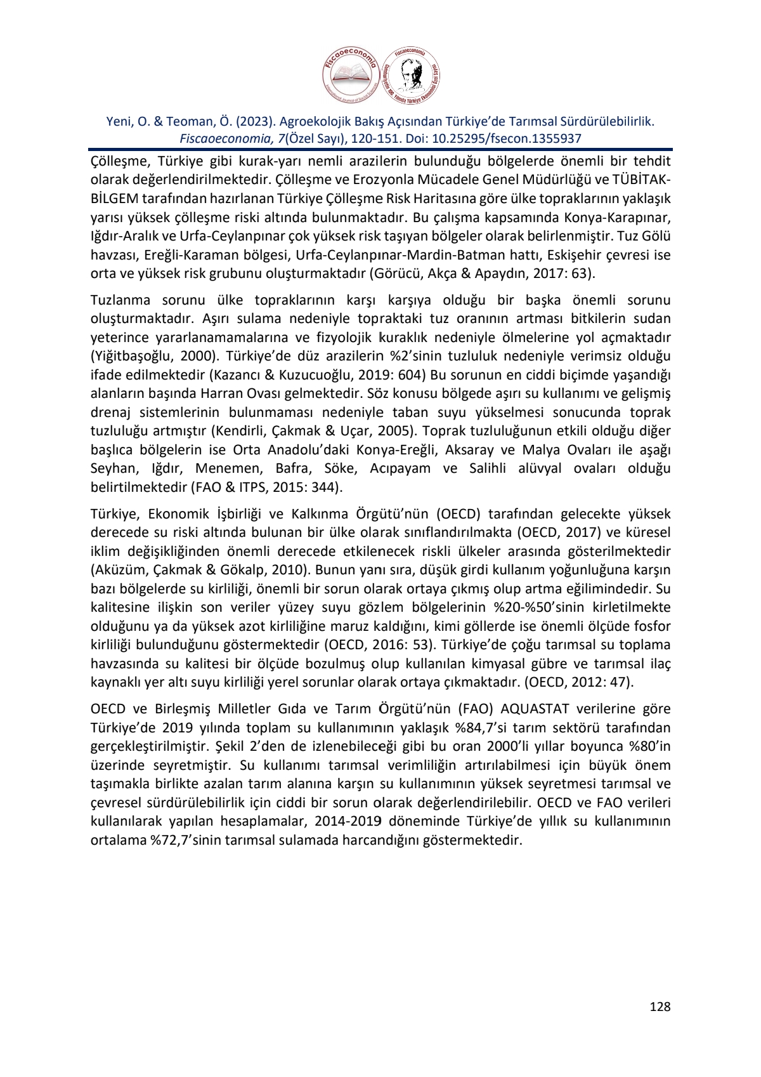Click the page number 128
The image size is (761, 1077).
pos(660,1007)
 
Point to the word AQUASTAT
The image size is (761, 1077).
pos(536,708)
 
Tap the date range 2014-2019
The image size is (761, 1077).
pos(344,821)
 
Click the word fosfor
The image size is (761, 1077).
pos(651,626)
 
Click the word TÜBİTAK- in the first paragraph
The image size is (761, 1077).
pos(642,180)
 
